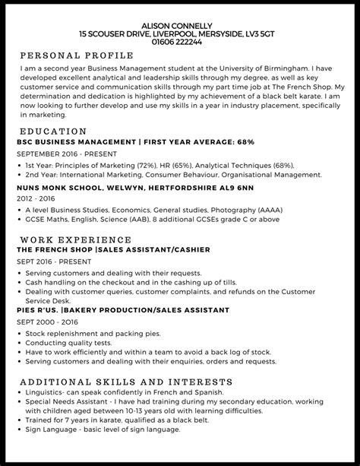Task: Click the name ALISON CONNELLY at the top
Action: tap(179, 25)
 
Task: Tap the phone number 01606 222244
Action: tap(179, 43)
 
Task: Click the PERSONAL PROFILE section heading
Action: tap(76, 55)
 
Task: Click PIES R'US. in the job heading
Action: tap(37, 310)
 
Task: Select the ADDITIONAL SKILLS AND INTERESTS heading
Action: tap(115, 382)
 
